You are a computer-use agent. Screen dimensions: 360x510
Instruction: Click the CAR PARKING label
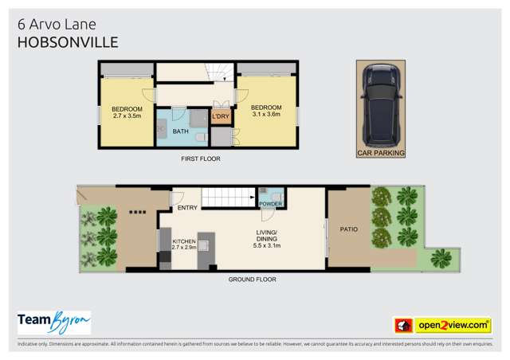(380, 152)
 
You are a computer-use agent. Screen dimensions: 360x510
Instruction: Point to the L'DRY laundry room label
(221, 117)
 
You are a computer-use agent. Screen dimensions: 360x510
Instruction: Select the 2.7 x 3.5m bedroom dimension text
(126, 116)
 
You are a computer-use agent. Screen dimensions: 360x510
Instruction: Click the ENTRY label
(188, 208)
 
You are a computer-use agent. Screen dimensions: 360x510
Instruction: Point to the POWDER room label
(272, 204)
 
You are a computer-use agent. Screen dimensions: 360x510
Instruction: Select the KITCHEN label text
(184, 240)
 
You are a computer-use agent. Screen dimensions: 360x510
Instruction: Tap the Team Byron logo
(54, 323)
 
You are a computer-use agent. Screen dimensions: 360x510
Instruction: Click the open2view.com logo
(442, 325)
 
